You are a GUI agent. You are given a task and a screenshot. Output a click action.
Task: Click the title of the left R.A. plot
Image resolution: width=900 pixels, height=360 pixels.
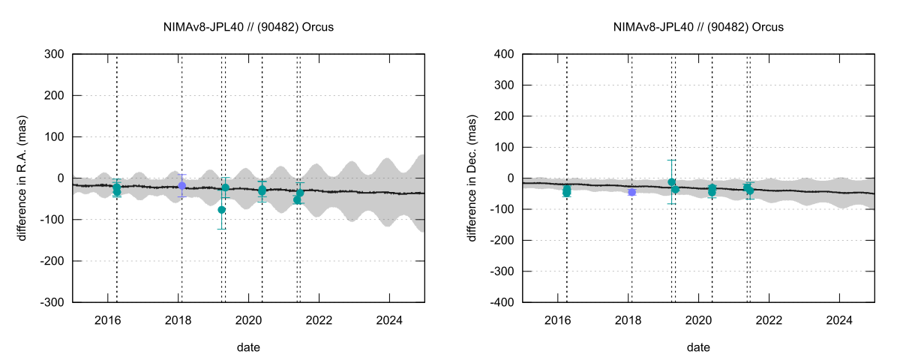coord(248,27)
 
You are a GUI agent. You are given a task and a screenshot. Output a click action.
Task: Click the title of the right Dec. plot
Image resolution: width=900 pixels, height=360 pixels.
coord(698,27)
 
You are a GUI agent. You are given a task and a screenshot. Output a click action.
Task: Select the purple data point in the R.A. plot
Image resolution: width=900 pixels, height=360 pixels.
coord(181,185)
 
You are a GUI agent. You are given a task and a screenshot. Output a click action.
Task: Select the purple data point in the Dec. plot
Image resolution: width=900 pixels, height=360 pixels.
coord(631,192)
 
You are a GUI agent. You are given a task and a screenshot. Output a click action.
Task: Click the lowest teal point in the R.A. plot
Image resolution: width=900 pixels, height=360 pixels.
coord(222,210)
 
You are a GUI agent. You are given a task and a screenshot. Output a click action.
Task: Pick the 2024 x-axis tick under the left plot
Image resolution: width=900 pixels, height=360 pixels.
coord(389,319)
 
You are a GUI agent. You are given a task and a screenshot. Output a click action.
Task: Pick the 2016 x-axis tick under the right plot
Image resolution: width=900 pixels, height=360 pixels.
coord(558,319)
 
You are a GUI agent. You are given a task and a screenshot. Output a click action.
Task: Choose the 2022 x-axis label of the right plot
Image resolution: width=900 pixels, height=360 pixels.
coord(769,319)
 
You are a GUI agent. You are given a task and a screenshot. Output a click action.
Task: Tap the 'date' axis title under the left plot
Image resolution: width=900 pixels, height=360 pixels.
coord(248,347)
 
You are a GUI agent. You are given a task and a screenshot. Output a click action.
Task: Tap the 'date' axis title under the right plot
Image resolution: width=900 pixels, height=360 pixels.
coord(698,347)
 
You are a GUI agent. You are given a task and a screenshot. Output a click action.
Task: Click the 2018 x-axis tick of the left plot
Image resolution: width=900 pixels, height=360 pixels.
coord(178,319)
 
